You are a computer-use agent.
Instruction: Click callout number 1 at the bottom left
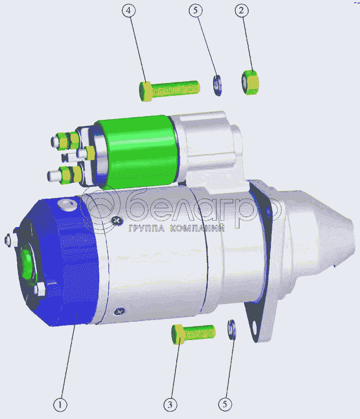click(x=60, y=405)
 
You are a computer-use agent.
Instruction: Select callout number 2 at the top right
click(x=242, y=11)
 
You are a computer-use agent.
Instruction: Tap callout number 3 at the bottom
click(x=170, y=405)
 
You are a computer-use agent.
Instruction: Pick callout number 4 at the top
click(x=129, y=11)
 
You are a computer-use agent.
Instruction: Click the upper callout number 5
click(x=195, y=11)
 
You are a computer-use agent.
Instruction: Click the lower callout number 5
click(x=225, y=404)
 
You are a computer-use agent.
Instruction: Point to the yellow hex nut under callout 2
click(x=250, y=82)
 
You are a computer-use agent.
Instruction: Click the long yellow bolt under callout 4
click(x=169, y=91)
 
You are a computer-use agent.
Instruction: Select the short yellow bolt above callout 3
click(x=193, y=334)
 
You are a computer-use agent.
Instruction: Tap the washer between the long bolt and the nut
click(x=217, y=85)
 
